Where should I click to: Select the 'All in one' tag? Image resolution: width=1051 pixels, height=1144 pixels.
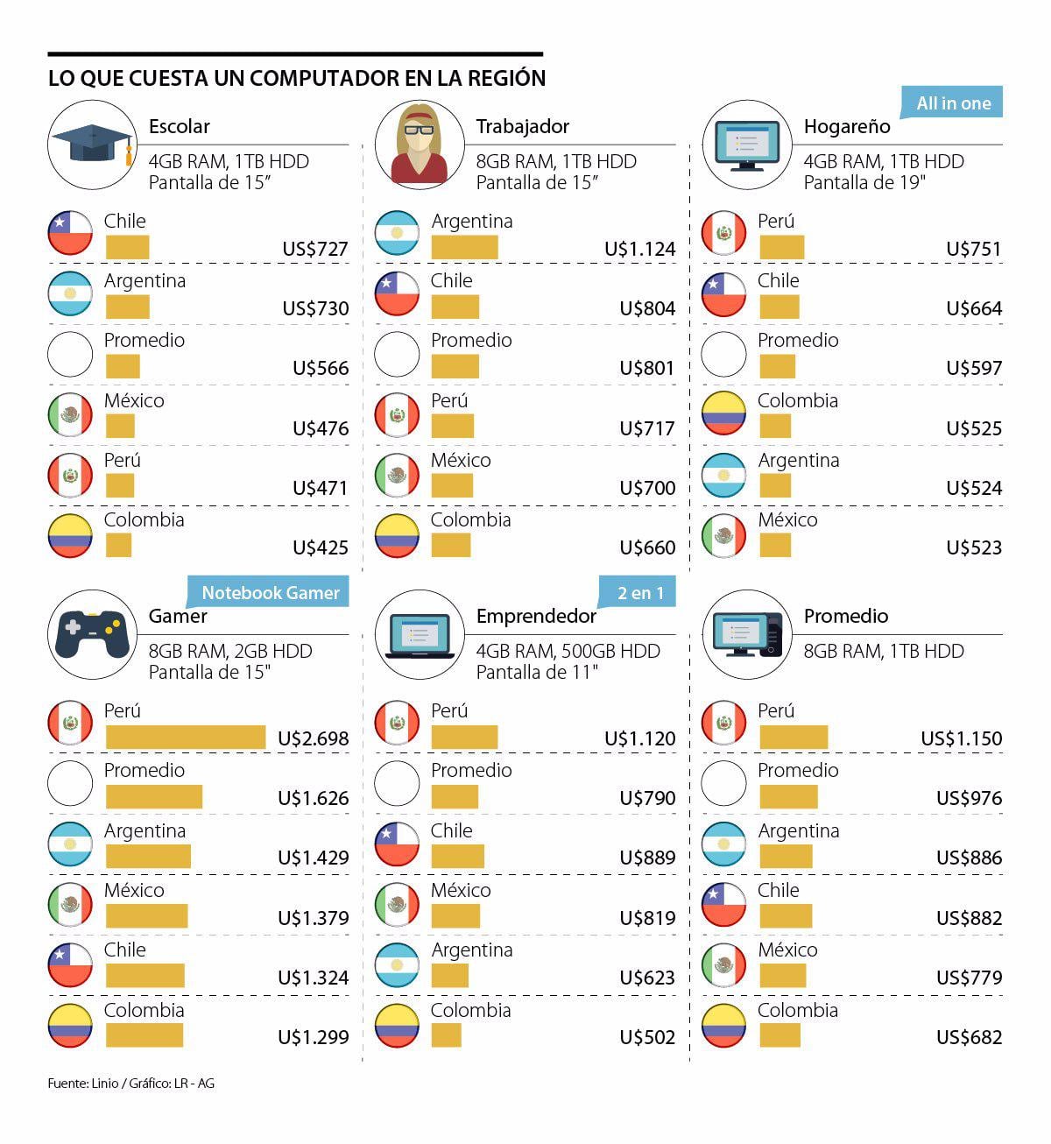[x=953, y=103]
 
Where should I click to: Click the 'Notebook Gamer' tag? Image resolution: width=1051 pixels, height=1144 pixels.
[x=270, y=593]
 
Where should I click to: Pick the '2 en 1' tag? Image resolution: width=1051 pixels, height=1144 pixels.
[x=640, y=593]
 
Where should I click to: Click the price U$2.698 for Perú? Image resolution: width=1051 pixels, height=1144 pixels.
[x=313, y=738]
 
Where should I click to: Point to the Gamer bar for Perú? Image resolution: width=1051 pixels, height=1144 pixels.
[x=185, y=738]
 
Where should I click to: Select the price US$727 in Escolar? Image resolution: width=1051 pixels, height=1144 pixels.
[x=314, y=249]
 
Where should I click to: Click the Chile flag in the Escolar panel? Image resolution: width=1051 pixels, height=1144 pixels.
[x=70, y=233]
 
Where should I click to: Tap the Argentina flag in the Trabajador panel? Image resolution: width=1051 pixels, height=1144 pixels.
[x=397, y=233]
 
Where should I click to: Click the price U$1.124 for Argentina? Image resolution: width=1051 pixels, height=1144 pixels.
[x=639, y=249]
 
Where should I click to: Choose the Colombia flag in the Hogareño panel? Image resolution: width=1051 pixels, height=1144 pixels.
[x=723, y=413]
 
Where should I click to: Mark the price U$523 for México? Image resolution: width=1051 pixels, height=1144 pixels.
[x=973, y=547]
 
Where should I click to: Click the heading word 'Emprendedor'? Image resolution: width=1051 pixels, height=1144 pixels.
[x=535, y=616]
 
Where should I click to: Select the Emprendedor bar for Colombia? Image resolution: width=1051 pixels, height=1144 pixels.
[x=446, y=1035]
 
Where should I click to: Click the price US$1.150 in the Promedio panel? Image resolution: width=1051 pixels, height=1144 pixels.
[x=961, y=738]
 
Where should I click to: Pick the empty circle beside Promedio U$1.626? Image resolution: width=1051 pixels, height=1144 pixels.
[x=70, y=783]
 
